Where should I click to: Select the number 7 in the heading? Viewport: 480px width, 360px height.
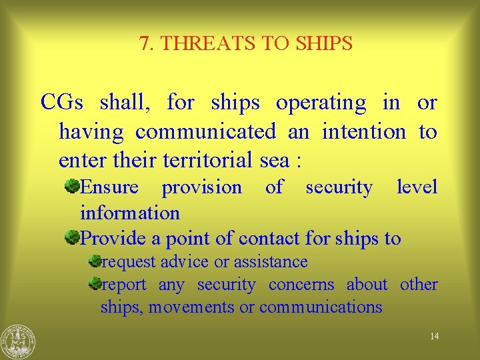point(145,44)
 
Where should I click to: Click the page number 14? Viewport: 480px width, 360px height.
point(434,336)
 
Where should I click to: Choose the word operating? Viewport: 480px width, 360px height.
point(321,103)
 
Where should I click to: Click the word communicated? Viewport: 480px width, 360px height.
point(205,132)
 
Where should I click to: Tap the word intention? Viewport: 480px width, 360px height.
point(363,132)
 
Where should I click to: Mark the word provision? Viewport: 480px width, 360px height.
point(201,188)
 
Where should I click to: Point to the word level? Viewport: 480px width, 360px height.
point(417,187)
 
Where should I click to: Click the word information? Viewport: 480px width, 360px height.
point(130,213)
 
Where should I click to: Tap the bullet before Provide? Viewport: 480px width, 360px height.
point(72,237)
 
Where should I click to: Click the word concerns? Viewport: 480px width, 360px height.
point(301,285)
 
